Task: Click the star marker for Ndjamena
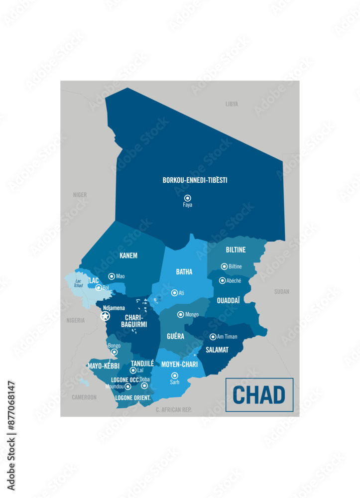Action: coord(105,316)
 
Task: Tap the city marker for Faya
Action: coord(188,198)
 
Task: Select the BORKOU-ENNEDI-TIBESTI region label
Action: coord(195,180)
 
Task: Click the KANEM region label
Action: coord(128,255)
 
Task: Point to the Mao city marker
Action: coord(112,276)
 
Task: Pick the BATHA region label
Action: coord(184,272)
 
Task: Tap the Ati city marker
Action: coord(174,293)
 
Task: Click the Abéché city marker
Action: coord(222,280)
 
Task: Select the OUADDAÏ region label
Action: coord(228,300)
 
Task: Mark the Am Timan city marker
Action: coord(213,337)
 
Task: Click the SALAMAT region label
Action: coord(217,350)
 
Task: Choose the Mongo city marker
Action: coord(181,314)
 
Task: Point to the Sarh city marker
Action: coord(174,375)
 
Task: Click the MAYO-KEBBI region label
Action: coord(104,366)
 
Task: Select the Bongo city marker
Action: coord(114,352)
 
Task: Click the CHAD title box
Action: coord(259,395)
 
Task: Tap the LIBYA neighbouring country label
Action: coord(232,104)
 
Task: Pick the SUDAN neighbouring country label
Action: coord(281,291)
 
